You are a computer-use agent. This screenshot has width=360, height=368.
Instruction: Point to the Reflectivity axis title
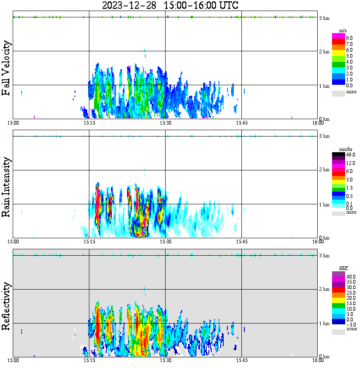tap(6, 307)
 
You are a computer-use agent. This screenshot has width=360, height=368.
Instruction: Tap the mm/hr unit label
tap(343, 149)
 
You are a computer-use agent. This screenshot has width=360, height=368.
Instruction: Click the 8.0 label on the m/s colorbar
tap(349, 38)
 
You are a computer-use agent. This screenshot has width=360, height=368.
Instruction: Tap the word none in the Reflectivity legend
tap(352, 329)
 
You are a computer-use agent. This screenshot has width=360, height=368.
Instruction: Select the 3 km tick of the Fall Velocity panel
tap(324, 18)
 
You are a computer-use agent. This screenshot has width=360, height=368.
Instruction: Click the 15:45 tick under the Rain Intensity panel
tap(241, 242)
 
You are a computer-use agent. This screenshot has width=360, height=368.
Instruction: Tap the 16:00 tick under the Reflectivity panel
tap(318, 360)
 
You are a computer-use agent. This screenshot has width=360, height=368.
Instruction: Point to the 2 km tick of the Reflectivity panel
tap(324, 290)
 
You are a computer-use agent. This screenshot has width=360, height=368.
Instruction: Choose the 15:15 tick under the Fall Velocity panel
tap(89, 123)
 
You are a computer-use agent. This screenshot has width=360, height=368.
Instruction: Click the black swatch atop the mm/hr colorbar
tap(338, 155)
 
